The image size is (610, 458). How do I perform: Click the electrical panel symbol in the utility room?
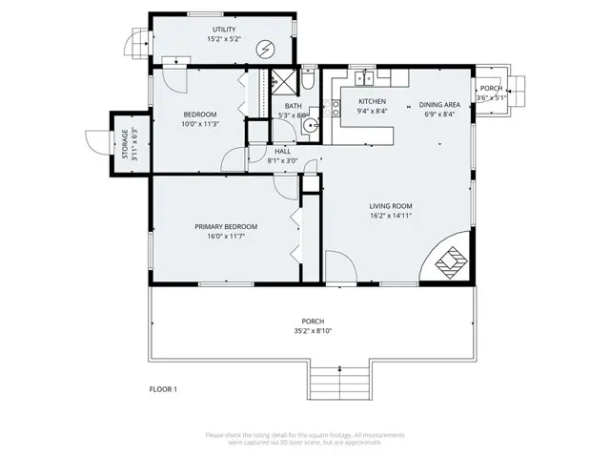click(267, 47)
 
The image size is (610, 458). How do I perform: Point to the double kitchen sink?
click(362, 76)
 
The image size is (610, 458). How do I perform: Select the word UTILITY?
click(223, 31)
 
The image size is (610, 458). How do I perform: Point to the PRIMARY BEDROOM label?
click(226, 226)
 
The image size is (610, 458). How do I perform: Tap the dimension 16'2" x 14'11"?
click(391, 217)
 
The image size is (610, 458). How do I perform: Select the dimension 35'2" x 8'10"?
click(313, 331)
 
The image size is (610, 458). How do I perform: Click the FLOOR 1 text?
click(163, 388)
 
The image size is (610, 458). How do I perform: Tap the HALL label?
click(283, 151)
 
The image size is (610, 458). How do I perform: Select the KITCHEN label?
click(372, 101)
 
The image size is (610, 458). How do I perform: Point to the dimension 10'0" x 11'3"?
click(200, 123)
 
